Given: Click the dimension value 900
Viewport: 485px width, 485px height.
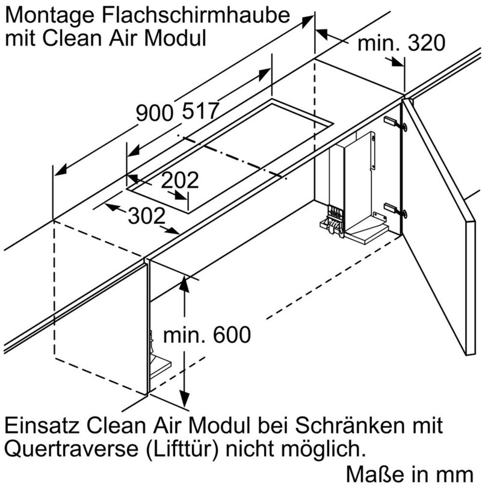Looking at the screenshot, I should point(154,113).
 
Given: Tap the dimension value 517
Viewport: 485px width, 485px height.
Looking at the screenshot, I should point(199,111).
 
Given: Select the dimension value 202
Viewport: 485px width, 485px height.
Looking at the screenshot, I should point(180,180).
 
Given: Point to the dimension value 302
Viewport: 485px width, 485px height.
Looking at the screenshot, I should point(146,214).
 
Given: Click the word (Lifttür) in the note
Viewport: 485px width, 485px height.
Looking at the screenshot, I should point(174,448).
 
